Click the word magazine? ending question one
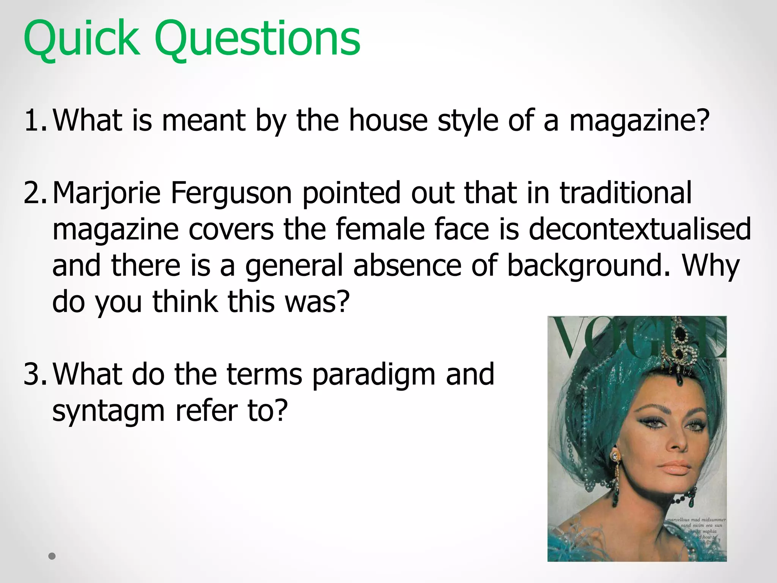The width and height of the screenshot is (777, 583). click(639, 120)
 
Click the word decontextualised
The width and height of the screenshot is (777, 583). click(640, 229)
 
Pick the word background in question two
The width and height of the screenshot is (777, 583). click(588, 266)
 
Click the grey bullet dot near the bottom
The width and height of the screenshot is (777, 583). click(52, 556)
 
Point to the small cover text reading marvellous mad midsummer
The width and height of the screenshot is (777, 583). click(696, 520)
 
